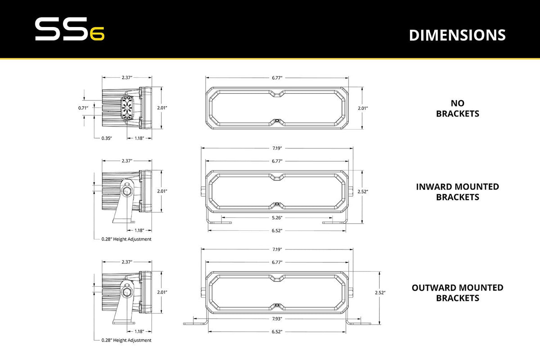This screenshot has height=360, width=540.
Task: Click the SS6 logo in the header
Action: [x=70, y=30]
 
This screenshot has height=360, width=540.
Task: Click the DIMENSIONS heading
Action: [x=457, y=35]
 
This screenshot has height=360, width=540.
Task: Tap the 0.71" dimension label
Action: [x=83, y=108]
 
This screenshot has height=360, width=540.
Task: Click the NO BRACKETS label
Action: [x=457, y=108]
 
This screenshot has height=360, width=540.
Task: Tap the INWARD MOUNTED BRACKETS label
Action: [x=457, y=192]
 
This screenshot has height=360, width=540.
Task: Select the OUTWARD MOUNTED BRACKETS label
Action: [x=457, y=292]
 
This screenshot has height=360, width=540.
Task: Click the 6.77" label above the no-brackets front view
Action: [x=277, y=78]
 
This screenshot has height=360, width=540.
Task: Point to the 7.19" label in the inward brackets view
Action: [x=277, y=148]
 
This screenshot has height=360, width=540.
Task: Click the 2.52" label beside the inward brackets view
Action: [x=363, y=192]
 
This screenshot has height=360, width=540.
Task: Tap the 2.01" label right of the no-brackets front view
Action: [x=363, y=108]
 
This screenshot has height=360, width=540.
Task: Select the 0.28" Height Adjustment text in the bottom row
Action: [x=126, y=340]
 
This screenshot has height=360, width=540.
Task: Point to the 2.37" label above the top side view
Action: [x=127, y=78]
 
